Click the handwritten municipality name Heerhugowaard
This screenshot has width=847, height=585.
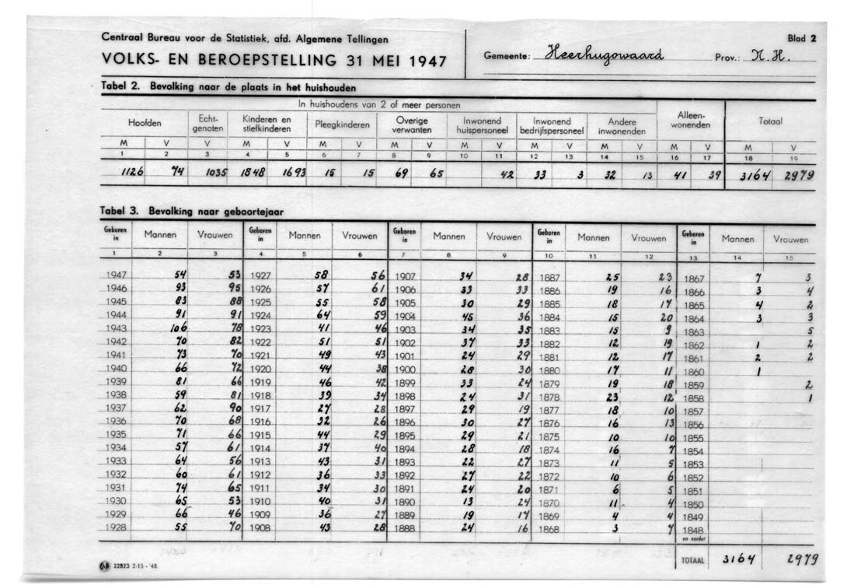pos(605,54)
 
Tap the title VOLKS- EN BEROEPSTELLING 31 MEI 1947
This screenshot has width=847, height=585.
pos(274,59)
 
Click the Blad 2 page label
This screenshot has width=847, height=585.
pos(801,37)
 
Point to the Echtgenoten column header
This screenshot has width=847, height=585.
pos(207,123)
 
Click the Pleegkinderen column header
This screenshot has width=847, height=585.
pos(340,124)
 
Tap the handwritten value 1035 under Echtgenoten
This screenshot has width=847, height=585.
pos(216,175)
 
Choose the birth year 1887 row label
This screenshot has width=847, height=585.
pos(549,276)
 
